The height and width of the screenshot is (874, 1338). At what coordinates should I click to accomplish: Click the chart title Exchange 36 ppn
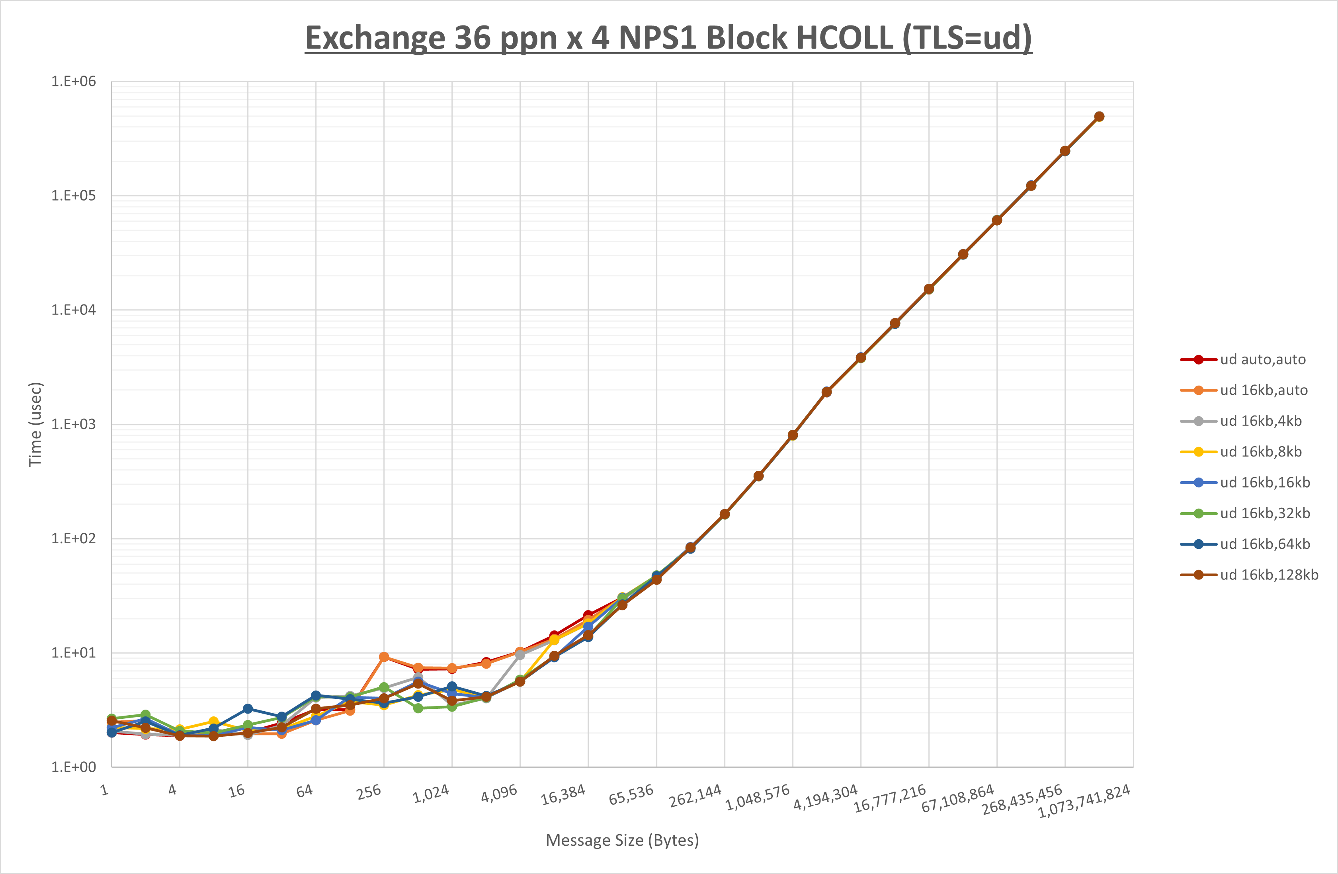668,38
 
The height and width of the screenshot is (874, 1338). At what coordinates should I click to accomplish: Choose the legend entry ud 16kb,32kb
1264,513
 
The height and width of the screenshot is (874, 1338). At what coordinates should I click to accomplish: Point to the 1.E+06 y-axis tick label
74,82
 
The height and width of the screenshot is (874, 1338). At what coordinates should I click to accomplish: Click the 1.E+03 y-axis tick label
74,424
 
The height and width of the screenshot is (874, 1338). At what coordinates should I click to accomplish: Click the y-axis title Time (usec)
35,424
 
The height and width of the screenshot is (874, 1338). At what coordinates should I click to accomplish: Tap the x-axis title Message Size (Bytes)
622,840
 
